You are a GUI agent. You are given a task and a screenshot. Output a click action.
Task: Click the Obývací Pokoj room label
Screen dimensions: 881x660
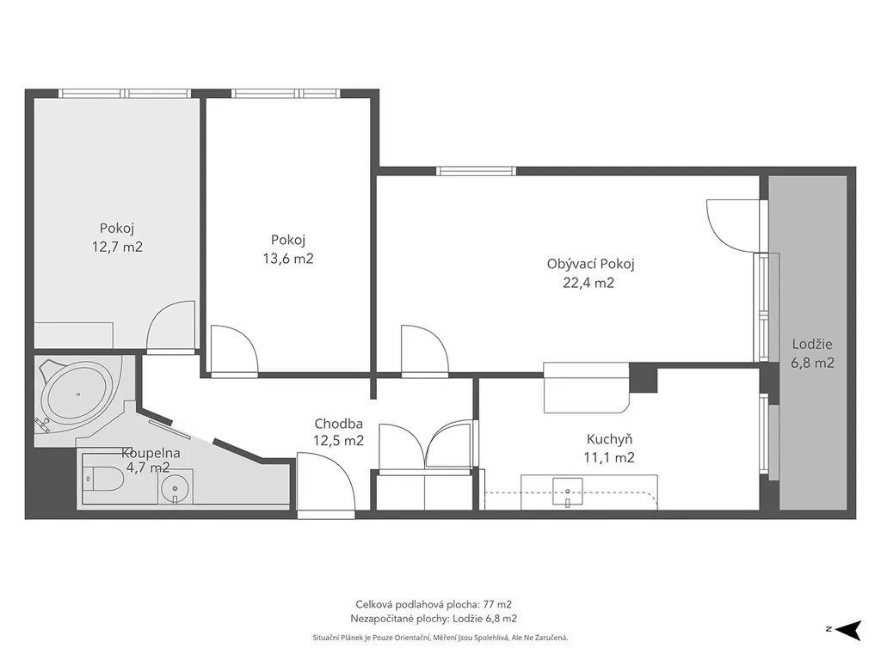(x=590, y=265)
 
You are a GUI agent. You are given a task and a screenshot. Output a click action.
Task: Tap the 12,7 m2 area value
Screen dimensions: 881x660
(x=117, y=247)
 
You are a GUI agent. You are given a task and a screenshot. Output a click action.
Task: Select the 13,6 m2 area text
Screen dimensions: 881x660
(x=288, y=258)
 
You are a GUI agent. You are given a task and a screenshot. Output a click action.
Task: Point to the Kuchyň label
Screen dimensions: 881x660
(x=609, y=439)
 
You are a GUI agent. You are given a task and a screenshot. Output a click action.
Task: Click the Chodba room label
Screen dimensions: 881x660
(x=338, y=424)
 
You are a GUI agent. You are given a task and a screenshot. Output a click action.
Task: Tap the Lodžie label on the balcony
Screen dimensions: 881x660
(x=812, y=344)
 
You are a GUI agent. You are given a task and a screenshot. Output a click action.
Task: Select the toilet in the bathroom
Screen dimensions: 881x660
(x=103, y=480)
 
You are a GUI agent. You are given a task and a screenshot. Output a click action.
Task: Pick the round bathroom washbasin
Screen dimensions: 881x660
(x=176, y=486)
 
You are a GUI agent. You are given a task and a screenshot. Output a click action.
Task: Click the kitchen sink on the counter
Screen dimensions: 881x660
(x=568, y=492)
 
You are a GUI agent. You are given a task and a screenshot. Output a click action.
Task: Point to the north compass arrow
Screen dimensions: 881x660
(x=848, y=629)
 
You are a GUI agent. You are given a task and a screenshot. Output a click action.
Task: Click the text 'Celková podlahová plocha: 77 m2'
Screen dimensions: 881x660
(x=434, y=604)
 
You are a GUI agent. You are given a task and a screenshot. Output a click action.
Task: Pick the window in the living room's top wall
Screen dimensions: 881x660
(x=476, y=171)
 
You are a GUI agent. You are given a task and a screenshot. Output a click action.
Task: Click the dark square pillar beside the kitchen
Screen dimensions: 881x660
(x=644, y=378)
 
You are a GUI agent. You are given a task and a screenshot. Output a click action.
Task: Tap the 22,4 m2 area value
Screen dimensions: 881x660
(x=588, y=283)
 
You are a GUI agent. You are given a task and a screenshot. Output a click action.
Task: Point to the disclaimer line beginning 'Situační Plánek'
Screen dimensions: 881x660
(x=440, y=638)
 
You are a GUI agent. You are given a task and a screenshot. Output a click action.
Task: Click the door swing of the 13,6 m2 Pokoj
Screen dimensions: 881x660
(x=234, y=349)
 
